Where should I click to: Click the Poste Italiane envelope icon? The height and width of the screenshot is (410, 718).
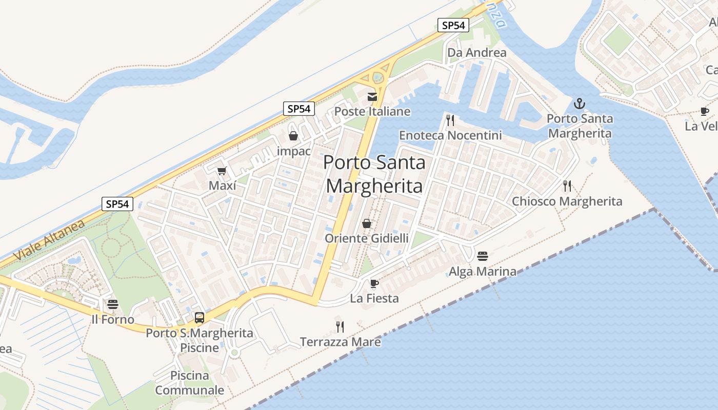click(372, 96)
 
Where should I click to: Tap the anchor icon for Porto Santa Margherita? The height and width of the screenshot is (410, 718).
click(579, 104)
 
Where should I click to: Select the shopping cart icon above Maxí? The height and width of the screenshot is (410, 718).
click(222, 171)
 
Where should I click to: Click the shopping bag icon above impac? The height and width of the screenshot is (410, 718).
click(293, 136)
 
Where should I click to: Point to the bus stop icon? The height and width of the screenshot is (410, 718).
click(199, 318)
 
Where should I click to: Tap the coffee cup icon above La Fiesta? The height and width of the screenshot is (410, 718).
click(374, 283)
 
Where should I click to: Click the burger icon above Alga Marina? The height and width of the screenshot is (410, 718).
click(482, 256)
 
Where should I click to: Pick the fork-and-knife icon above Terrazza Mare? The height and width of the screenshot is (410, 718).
click(340, 326)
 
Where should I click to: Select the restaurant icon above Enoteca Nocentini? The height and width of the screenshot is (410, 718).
click(450, 120)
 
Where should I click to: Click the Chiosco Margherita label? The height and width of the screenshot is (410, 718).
click(567, 201)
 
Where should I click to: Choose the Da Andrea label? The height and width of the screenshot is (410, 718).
click(476, 53)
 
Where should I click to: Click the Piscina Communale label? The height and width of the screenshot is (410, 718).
click(189, 383)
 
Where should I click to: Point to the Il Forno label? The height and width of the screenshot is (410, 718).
click(112, 320)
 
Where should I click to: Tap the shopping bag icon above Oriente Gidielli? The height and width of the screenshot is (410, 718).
click(367, 223)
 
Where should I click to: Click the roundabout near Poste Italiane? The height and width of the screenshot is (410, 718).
click(377, 78)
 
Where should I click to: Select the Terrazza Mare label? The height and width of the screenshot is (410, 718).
click(340, 342)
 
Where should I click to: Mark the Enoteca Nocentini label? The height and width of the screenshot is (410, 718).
click(450, 135)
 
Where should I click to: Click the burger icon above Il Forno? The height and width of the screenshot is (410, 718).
click(113, 304)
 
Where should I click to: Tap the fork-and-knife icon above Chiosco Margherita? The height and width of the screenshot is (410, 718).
click(567, 186)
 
